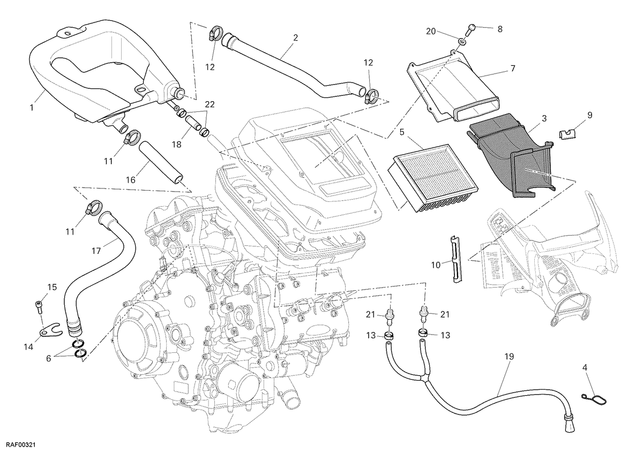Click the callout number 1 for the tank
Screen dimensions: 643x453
[x=32, y=108]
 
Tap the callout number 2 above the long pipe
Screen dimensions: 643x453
[x=296, y=37]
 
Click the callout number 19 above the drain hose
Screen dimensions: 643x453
[x=509, y=357]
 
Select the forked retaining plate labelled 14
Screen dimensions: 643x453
[x=51, y=330]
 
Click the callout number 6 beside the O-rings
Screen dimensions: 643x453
[x=49, y=358]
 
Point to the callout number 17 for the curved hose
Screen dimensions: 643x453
[x=96, y=251]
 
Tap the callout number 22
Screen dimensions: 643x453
[x=210, y=104]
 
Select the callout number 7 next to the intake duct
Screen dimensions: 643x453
[x=513, y=69]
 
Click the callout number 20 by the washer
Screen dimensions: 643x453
[x=431, y=31]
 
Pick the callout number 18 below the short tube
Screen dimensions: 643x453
[x=176, y=144]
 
